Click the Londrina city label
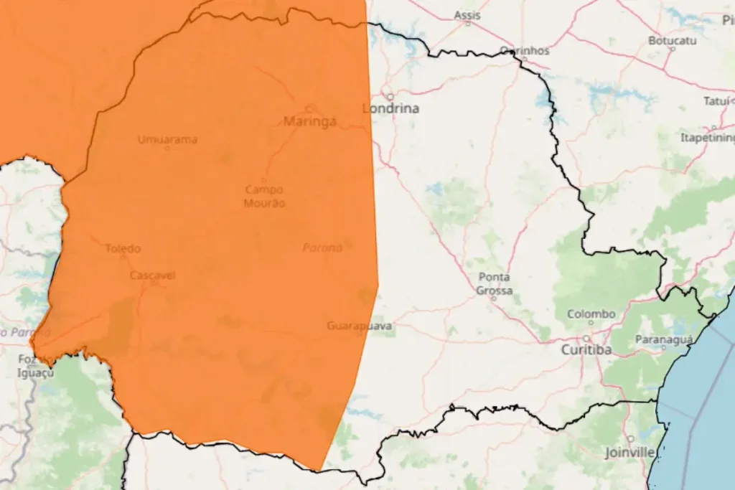pyautogui.click(x=391, y=109)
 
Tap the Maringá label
pyautogui.click(x=310, y=121)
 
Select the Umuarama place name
pyautogui.click(x=167, y=139)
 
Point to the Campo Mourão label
pyautogui.click(x=265, y=197)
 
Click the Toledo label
pyautogui.click(x=123, y=249)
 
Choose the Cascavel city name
pyautogui.click(x=153, y=275)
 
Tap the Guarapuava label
pyautogui.click(x=360, y=326)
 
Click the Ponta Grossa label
pyautogui.click(x=495, y=283)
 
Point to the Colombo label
pyautogui.click(x=591, y=314)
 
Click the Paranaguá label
pyautogui.click(x=664, y=339)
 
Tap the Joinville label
pyautogui.click(x=629, y=453)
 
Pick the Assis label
pyautogui.click(x=468, y=15)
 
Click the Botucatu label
pyautogui.click(x=673, y=41)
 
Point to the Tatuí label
pyautogui.click(x=716, y=101)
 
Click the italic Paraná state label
pyautogui.click(x=322, y=248)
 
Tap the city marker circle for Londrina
pyautogui.click(x=390, y=96)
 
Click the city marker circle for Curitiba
pyautogui.click(x=587, y=338)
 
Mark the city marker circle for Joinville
pyautogui.click(x=631, y=439)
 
